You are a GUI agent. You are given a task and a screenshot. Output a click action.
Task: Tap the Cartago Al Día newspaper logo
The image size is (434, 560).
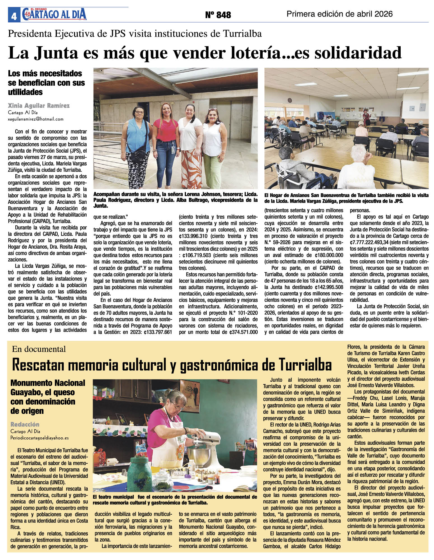coord(55,14)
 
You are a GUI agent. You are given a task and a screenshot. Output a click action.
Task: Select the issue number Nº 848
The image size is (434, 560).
coord(218,15)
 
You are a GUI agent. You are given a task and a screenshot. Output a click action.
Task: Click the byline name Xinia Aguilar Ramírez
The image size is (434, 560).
coord(39,106)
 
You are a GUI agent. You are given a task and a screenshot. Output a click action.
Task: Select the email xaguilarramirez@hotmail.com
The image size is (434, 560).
coord(36,119)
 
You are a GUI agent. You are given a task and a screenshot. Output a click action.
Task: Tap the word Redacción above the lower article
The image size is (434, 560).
coord(25,424)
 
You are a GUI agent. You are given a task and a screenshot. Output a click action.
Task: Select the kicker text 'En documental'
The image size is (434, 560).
coord(39,349)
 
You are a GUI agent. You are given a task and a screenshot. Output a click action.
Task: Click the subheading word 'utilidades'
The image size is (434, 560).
coord(25,92)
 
